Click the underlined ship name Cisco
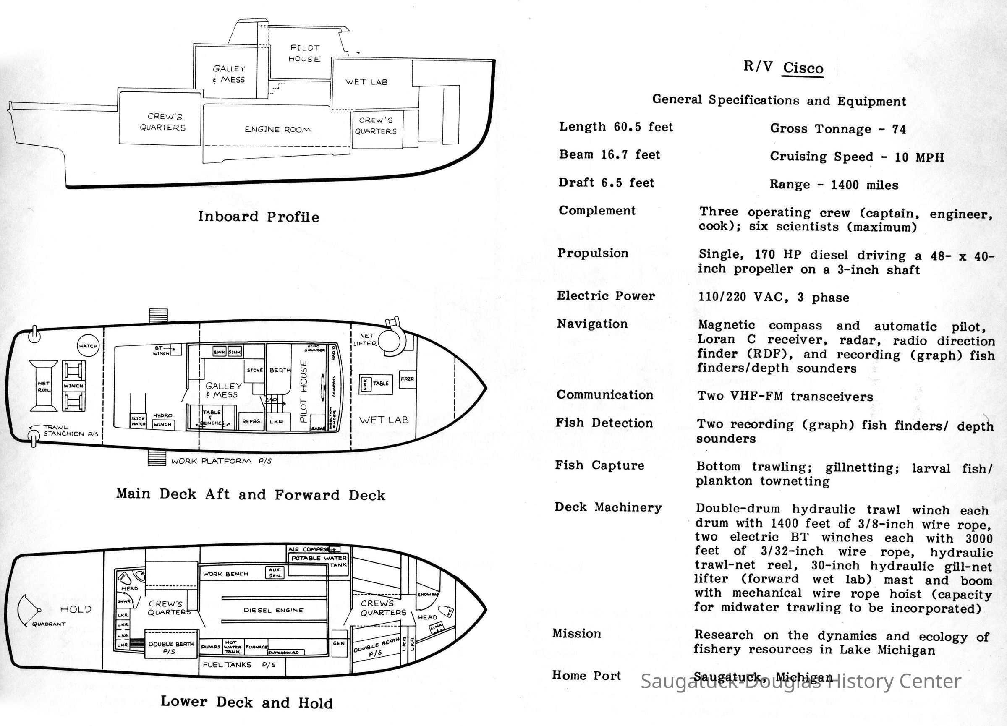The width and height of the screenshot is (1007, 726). tap(803, 68)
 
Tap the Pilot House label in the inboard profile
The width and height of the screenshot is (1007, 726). tap(305, 53)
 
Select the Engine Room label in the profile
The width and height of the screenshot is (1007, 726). tap(278, 130)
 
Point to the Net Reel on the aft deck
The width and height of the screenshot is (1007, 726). tap(44, 386)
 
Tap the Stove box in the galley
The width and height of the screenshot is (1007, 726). tap(255, 370)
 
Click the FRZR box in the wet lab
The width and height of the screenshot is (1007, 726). tap(407, 379)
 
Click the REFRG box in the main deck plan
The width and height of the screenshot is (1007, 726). tap(251, 422)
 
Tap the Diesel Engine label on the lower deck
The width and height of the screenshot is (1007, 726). tap(274, 610)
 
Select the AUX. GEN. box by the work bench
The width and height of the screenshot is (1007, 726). tap(275, 573)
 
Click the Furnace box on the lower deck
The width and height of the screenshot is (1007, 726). tap(256, 647)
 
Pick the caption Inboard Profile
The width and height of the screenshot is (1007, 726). tap(259, 217)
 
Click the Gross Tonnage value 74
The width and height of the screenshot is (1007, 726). tap(899, 130)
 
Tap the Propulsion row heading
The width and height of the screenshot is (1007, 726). tap(593, 253)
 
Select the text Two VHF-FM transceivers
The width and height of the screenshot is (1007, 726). tap(785, 396)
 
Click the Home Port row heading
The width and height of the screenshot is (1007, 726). tap(586, 675)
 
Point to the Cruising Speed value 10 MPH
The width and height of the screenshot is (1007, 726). tap(919, 157)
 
